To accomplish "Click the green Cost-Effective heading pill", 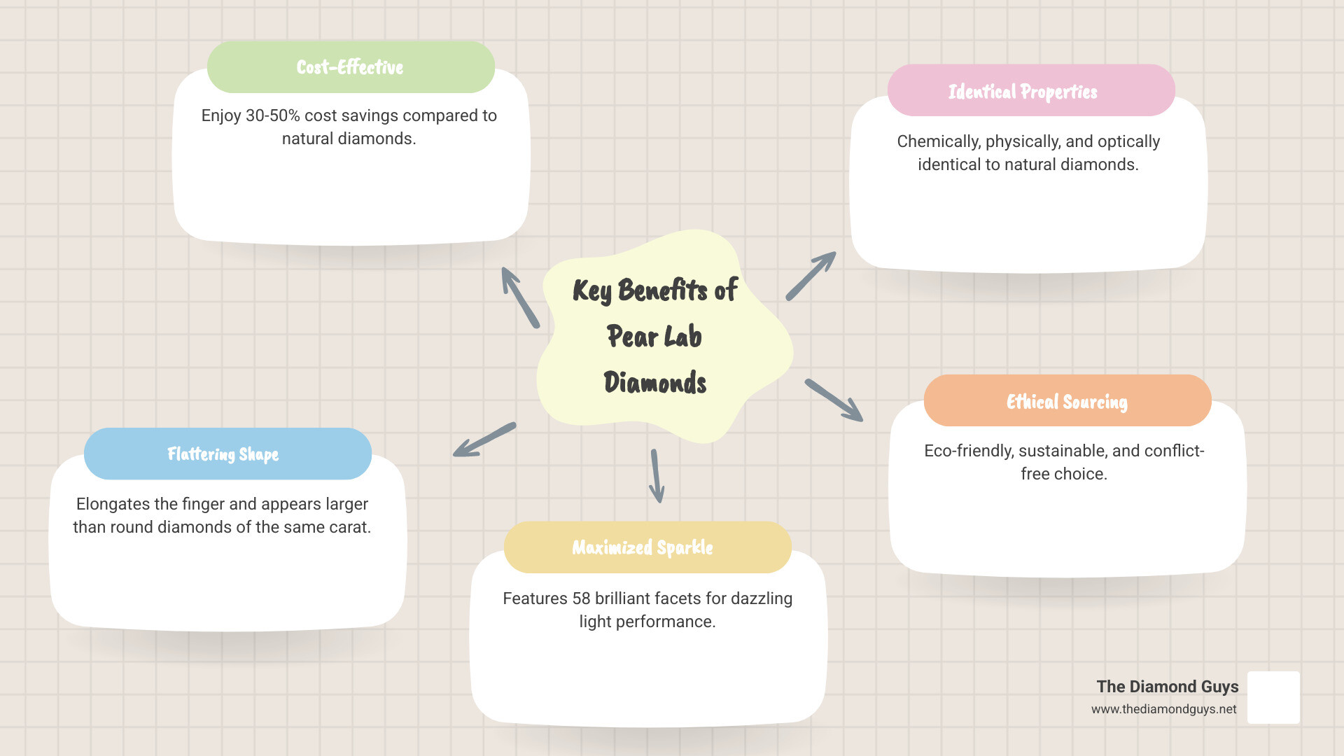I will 351,67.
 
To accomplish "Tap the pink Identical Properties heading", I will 1030,91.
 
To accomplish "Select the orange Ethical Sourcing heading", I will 1067,401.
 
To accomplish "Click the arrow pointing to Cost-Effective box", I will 520,297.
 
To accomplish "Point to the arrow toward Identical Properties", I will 811,276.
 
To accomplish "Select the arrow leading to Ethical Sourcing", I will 834,400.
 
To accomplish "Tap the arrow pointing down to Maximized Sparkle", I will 656,476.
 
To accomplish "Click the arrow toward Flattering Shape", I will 484,440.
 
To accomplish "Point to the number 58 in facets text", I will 581,598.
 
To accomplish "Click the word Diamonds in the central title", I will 655,383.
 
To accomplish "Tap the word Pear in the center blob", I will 631,337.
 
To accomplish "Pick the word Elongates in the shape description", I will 112,504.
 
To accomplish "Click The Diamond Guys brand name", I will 1167,687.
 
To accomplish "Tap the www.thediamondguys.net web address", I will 1163,709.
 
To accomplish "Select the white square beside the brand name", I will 1273,697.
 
